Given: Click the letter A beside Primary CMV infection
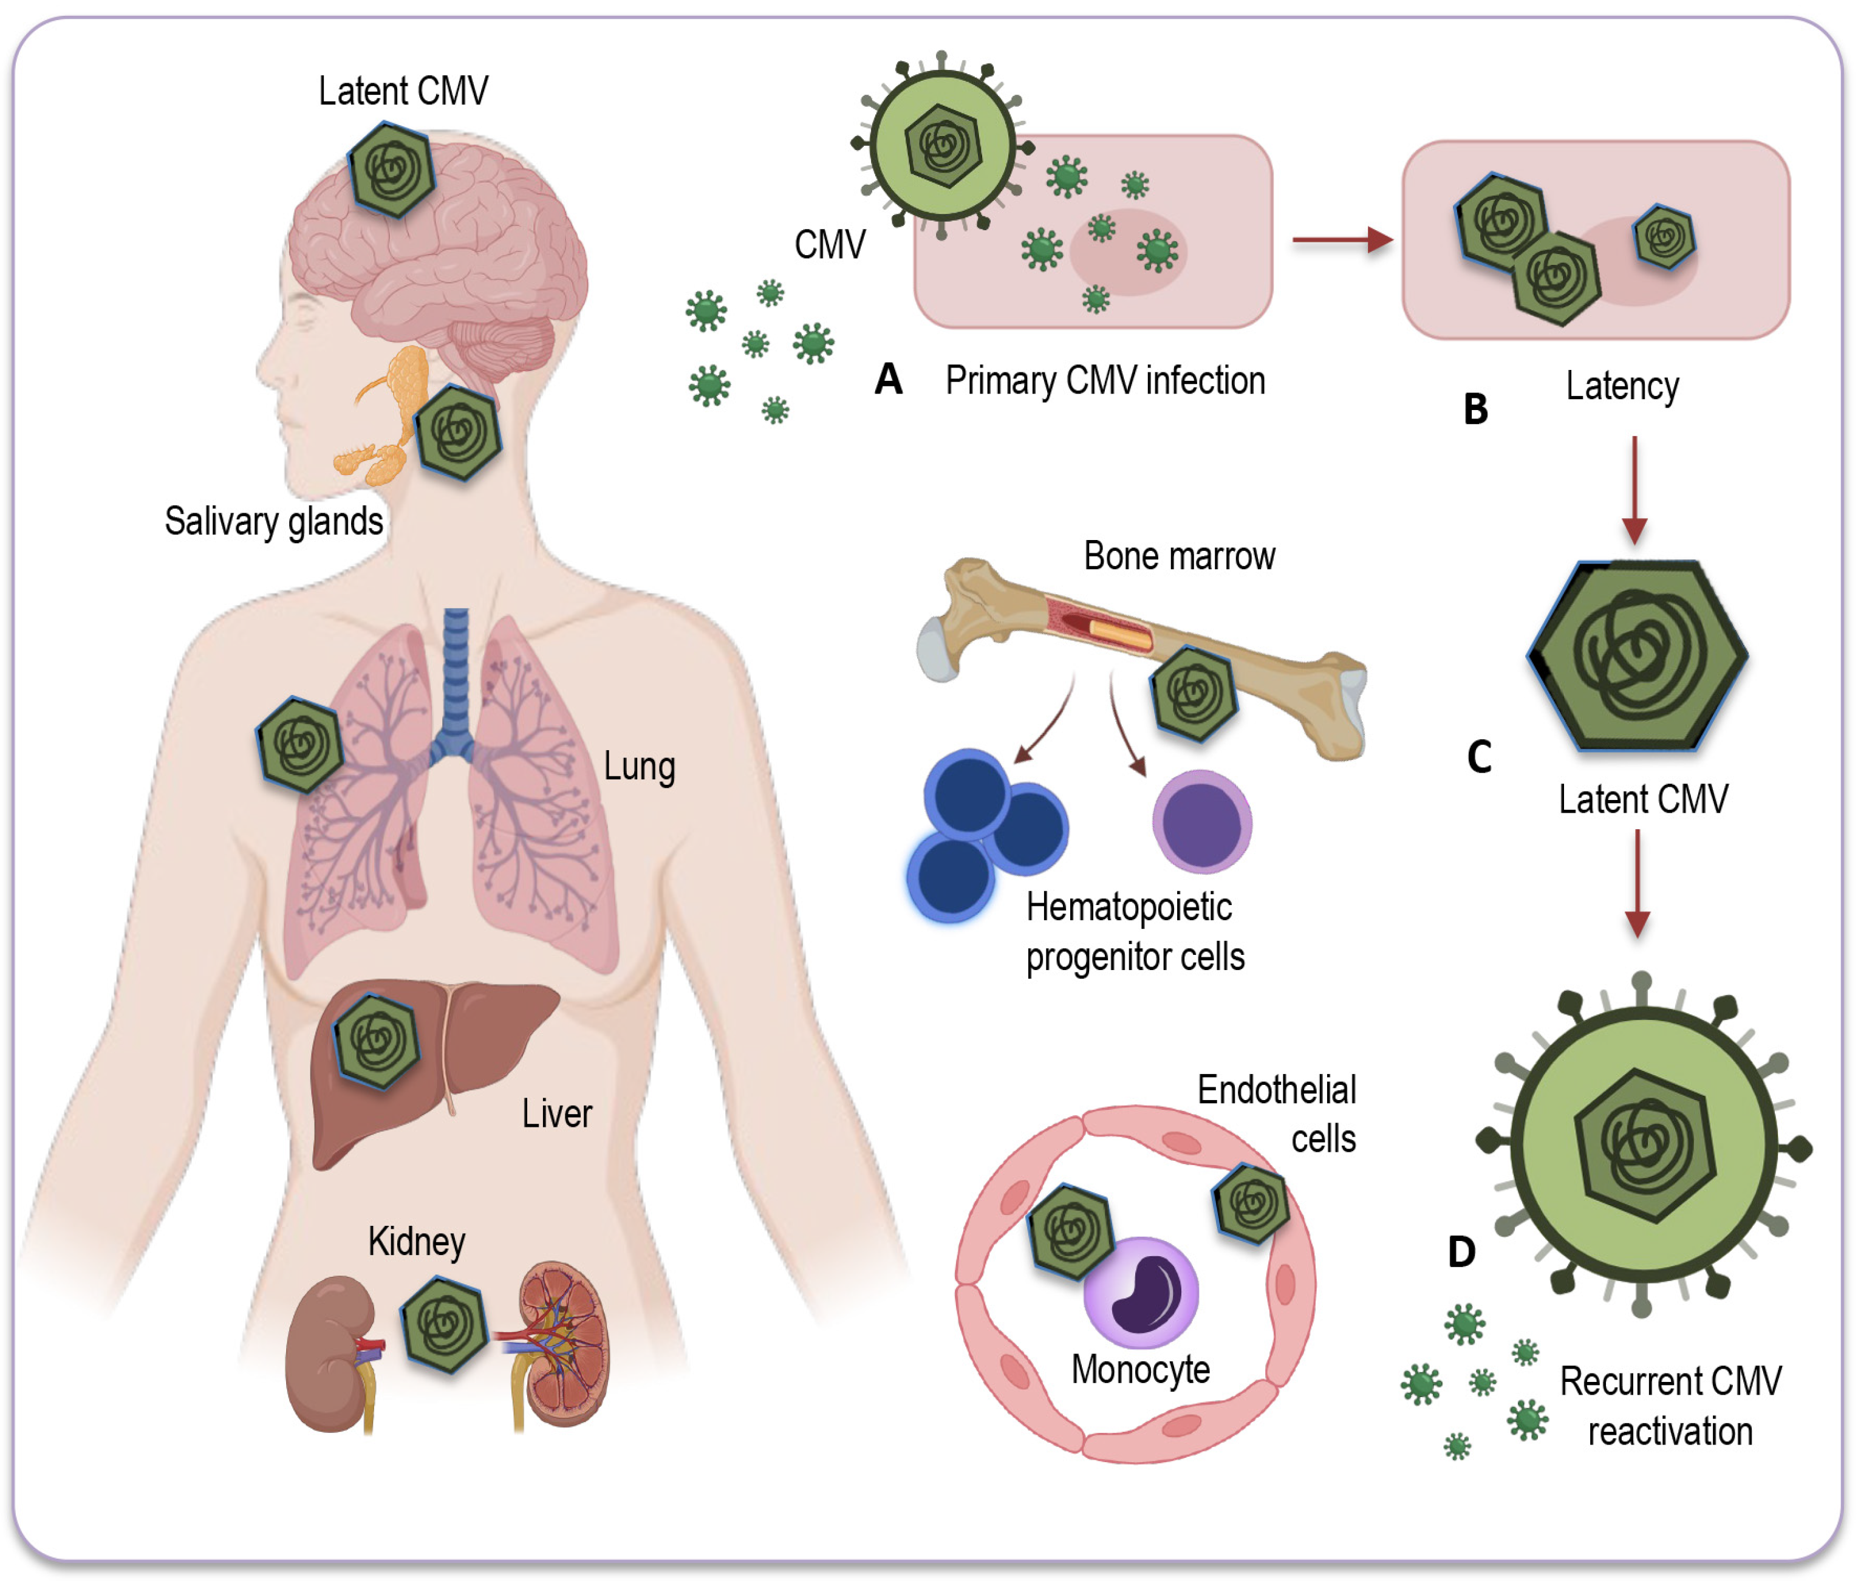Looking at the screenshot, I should [x=888, y=380].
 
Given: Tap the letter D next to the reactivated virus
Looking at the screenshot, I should [x=1461, y=1251].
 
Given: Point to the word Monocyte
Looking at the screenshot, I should [x=1141, y=1370].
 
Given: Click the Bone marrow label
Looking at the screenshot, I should [x=1178, y=556].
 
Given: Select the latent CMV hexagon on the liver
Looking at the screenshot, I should [x=377, y=1041].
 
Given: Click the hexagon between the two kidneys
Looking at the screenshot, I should [x=445, y=1325].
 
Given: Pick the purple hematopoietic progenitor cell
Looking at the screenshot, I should [x=1201, y=821].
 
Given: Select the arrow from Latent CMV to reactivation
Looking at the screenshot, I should [x=1638, y=883].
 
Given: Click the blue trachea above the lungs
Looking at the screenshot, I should [x=456, y=672].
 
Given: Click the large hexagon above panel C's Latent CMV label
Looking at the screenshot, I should [x=1638, y=655].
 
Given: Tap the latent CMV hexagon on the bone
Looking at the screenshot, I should [x=1194, y=693].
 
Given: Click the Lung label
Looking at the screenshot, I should [x=638, y=767].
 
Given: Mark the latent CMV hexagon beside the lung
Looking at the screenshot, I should [x=301, y=744].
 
